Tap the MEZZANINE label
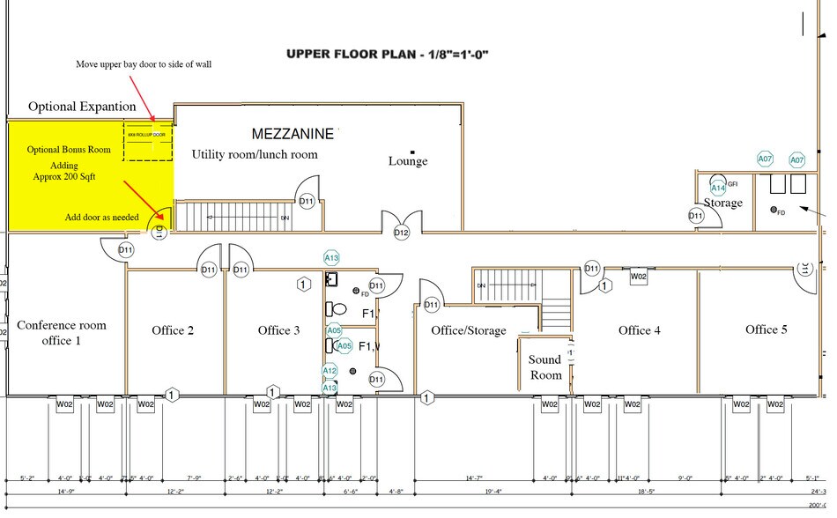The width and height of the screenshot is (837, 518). tap(293, 134)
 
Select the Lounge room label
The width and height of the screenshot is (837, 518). tap(408, 161)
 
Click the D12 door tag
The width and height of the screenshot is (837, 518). tap(402, 233)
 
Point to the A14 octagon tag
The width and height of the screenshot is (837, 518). tap(718, 188)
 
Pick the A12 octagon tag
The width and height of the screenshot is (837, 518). tap(330, 372)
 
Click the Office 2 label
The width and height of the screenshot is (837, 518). tap(174, 330)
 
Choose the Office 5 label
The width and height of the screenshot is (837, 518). tap(767, 329)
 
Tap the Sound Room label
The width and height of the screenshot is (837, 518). tap(544, 366)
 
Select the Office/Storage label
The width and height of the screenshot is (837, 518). tap(469, 330)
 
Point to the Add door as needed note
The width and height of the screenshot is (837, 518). tap(100, 218)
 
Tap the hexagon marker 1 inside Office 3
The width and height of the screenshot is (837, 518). tap(302, 284)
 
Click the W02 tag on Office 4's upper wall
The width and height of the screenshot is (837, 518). tap(639, 276)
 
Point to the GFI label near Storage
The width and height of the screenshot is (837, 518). tap(732, 183)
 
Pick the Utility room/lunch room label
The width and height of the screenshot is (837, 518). tap(255, 155)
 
